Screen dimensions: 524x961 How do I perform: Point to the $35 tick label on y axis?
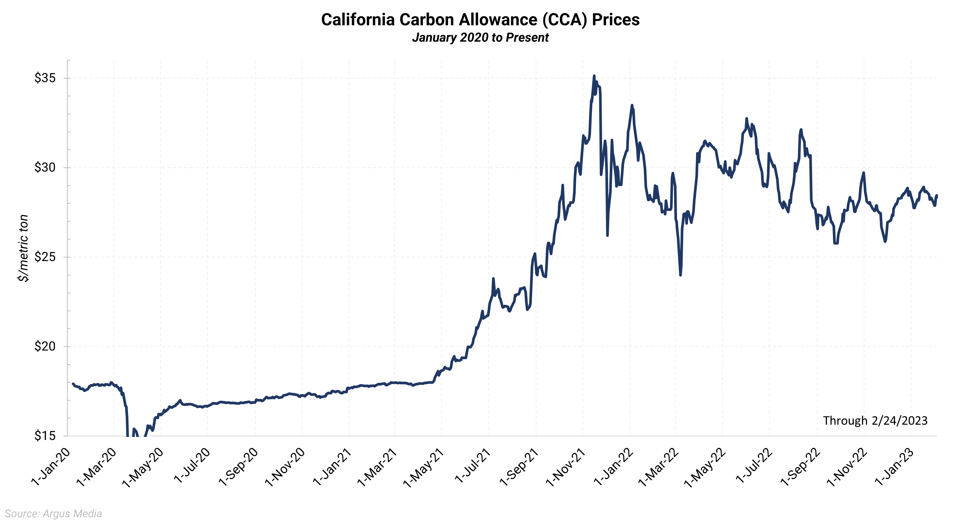45,78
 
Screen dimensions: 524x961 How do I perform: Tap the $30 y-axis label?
45,168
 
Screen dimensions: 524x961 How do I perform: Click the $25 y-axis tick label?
45,257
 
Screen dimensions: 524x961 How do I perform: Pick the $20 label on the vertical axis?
45,346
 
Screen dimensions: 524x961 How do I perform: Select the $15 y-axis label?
45,436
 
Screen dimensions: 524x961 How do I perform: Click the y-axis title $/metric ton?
23,248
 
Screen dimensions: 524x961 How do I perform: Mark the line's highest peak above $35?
594,76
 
